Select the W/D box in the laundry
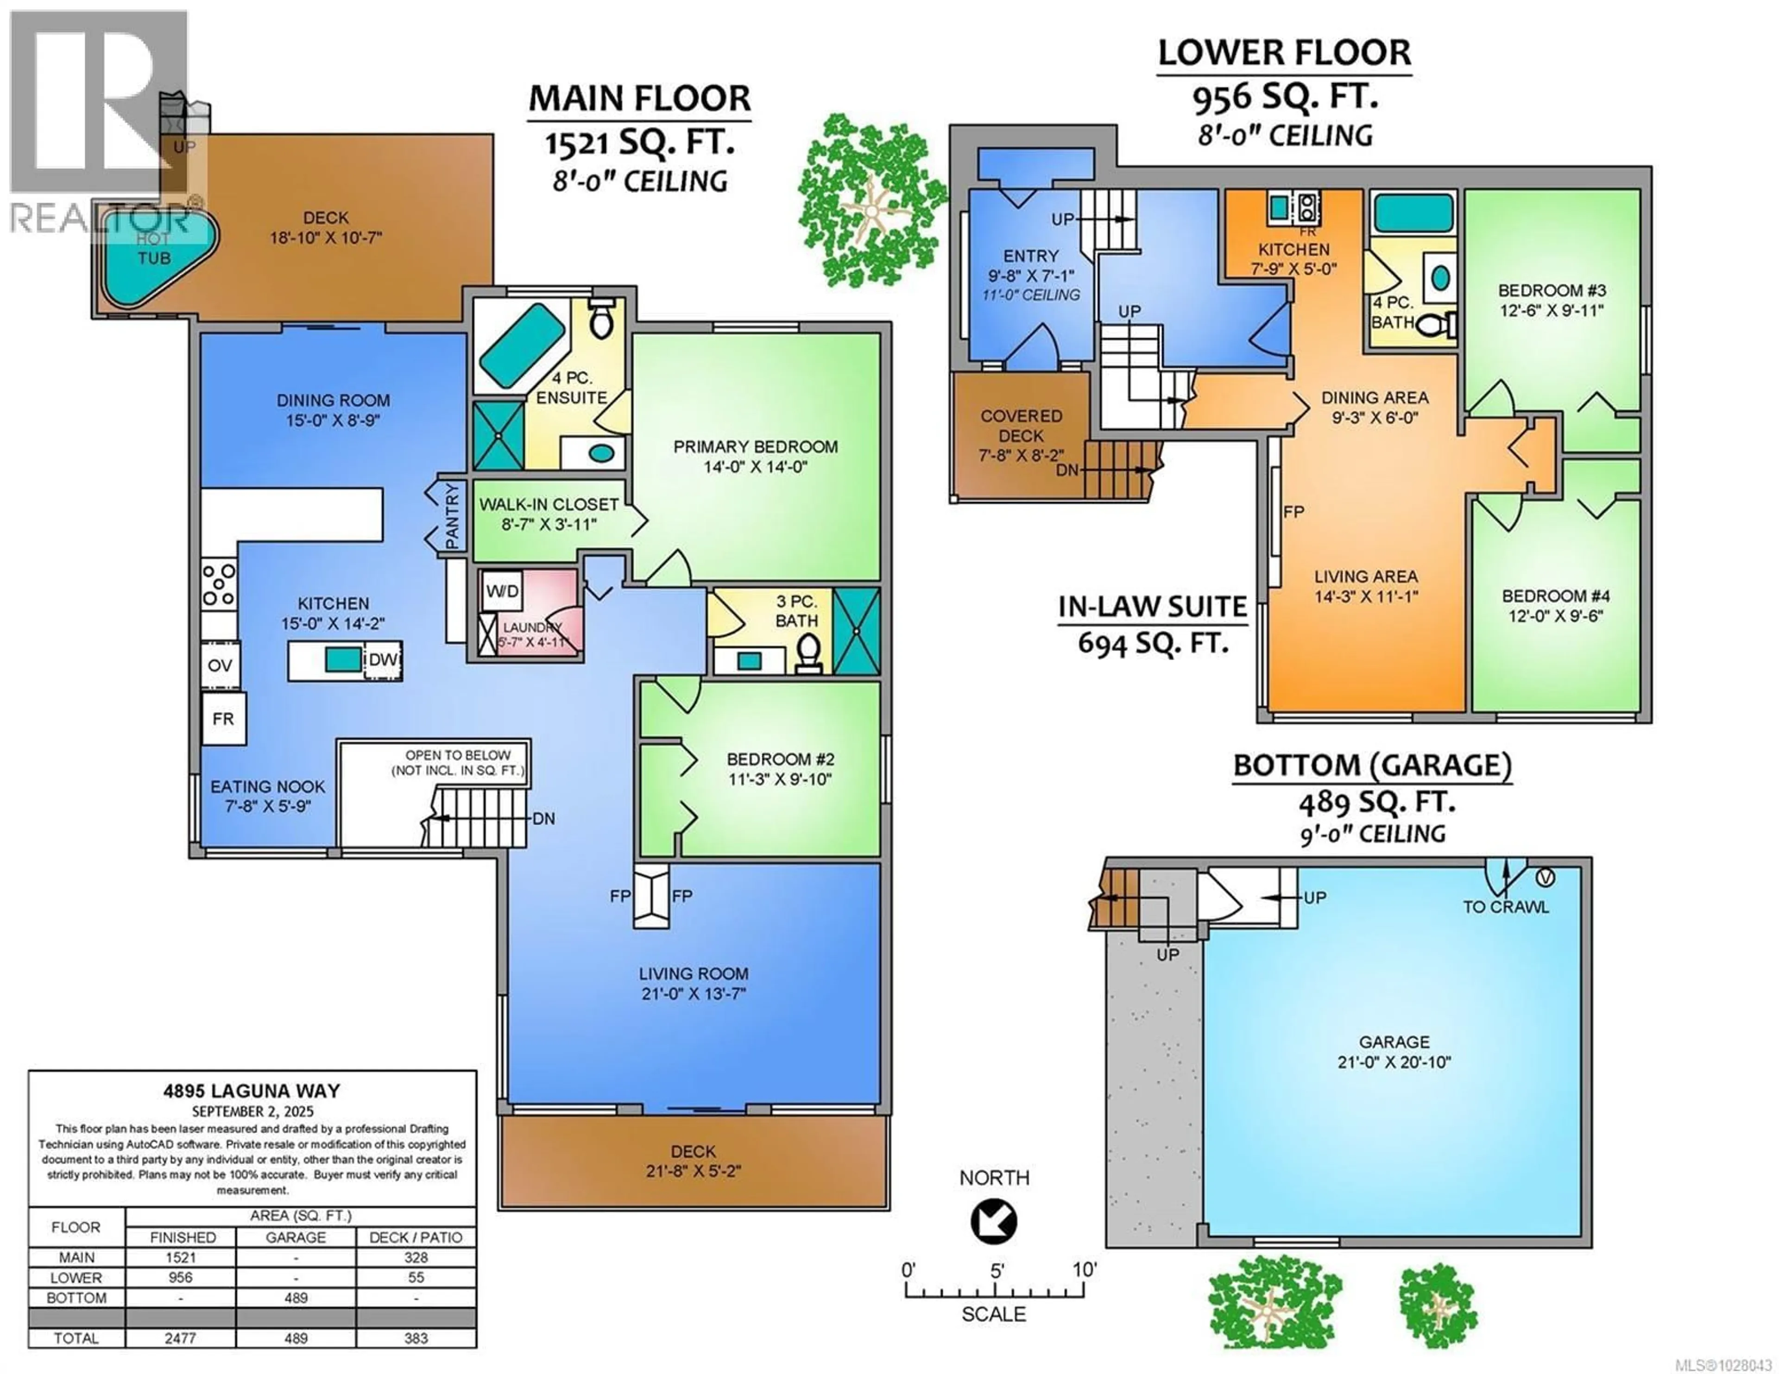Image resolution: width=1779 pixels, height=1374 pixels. point(503,591)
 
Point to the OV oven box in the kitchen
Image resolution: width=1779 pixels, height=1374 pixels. point(220,665)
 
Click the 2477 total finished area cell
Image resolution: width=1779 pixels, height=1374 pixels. point(181,1338)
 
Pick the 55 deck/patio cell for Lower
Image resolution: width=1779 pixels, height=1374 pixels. point(416,1278)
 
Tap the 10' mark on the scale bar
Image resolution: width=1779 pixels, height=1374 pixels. point(1084,1271)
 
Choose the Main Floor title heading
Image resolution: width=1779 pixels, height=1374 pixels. point(639,99)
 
